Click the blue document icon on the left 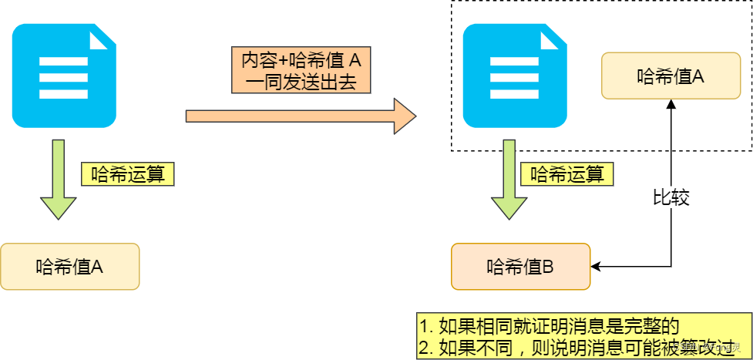tap(64, 75)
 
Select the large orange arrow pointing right tap(301, 116)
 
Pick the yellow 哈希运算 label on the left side tap(128, 173)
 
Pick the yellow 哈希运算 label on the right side tap(567, 173)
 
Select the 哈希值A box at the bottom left tap(70, 267)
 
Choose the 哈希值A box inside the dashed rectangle tap(671, 76)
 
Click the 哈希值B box tap(521, 267)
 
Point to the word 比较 tap(670, 198)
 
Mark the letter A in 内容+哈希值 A tap(355, 59)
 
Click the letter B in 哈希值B tap(548, 267)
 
